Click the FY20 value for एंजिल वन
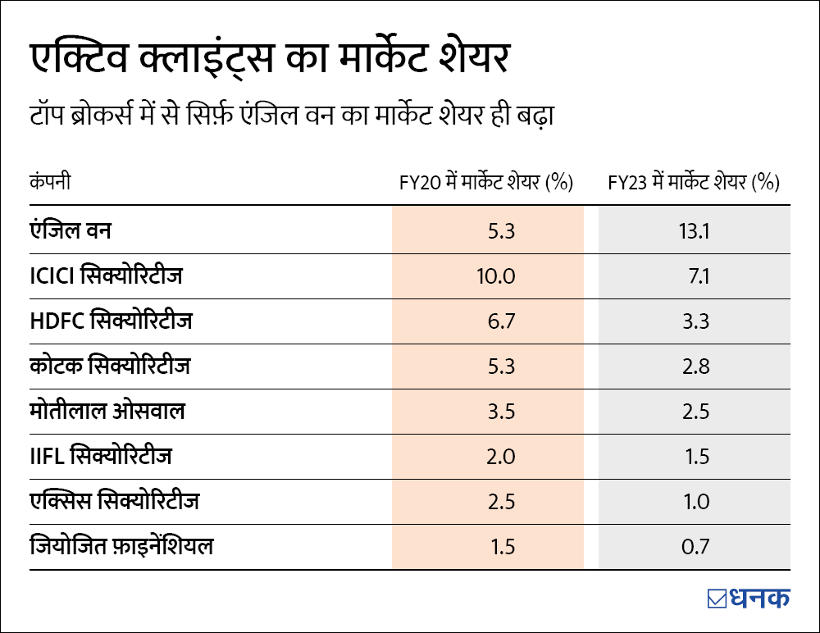(500, 231)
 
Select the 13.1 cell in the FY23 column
(694, 231)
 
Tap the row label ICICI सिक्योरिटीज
(107, 276)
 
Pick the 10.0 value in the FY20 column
(495, 276)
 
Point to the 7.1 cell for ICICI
(699, 276)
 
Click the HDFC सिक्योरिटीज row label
(111, 321)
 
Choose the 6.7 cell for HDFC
(500, 321)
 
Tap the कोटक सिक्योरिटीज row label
(110, 366)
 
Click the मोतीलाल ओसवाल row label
(107, 411)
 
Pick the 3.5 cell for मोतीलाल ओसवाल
(500, 412)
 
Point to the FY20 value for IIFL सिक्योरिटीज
(500, 457)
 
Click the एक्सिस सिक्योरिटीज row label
(114, 500)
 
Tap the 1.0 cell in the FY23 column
(695, 502)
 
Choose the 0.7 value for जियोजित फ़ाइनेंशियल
(695, 547)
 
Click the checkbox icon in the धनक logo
(717, 599)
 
